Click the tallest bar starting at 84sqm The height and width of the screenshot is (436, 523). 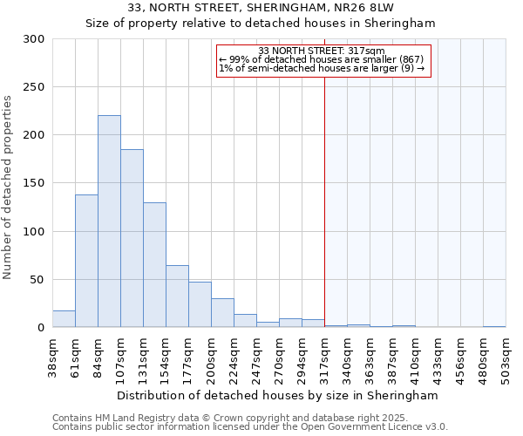pyautogui.click(x=109, y=221)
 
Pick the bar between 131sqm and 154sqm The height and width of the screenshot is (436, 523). pyautogui.click(x=154, y=265)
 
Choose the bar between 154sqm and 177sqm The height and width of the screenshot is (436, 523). pyautogui.click(x=177, y=296)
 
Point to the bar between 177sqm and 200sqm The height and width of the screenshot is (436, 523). pyautogui.click(x=200, y=304)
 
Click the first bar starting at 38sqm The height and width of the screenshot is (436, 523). pyautogui.click(x=64, y=319)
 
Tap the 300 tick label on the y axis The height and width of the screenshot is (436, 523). pyautogui.click(x=34, y=39)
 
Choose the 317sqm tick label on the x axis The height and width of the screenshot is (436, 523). pyautogui.click(x=325, y=358)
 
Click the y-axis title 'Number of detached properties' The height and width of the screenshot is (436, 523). pyautogui.click(x=8, y=187)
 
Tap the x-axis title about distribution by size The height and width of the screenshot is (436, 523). pyautogui.click(x=277, y=395)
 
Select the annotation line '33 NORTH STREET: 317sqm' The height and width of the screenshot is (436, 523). pyautogui.click(x=322, y=51)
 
